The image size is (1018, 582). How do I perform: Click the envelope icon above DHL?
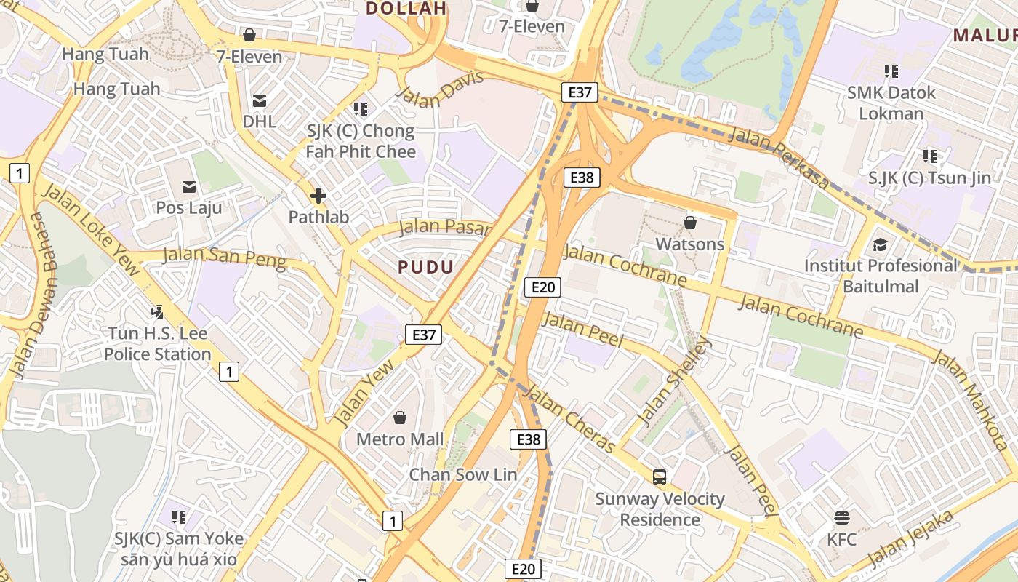pos(260,100)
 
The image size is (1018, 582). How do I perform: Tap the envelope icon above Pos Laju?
pos(189,187)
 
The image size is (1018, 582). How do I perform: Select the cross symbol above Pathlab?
pos(318,196)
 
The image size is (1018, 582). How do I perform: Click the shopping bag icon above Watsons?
pos(689,222)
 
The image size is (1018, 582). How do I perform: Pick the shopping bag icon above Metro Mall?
pos(399,418)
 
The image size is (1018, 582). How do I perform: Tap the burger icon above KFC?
pos(842,518)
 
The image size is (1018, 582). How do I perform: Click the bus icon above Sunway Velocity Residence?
pos(660,477)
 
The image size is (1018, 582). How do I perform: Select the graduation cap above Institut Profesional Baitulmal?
pos(881,244)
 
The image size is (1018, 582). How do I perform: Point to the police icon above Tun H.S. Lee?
pos(157,312)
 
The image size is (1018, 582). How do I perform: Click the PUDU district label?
pos(426,267)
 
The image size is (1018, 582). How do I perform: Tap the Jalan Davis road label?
pos(439,89)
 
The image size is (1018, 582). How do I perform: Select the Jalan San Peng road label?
pos(224,258)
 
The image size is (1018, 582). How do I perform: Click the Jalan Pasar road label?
pos(446,227)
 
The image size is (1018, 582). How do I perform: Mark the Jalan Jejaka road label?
pos(910,540)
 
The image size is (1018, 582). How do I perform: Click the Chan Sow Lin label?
pos(463,474)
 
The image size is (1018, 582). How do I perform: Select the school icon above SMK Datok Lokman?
pos(891,71)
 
